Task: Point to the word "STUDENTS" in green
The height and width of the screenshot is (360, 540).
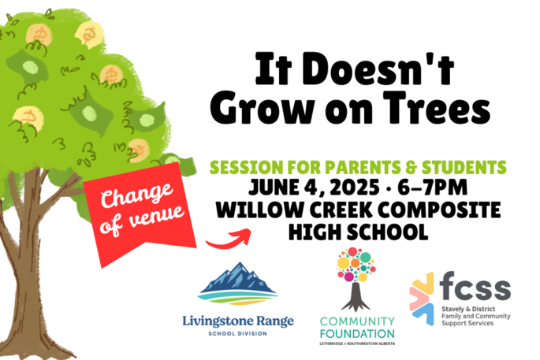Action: click(464, 168)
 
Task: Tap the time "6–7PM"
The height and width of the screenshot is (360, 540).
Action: click(433, 188)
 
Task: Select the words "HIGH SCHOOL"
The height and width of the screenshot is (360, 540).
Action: click(359, 232)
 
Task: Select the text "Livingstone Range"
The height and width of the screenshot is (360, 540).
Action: click(238, 321)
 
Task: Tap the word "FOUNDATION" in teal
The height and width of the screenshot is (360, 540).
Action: click(357, 334)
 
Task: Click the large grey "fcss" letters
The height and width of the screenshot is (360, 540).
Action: click(475, 286)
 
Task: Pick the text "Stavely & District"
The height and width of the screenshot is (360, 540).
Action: click(468, 309)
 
